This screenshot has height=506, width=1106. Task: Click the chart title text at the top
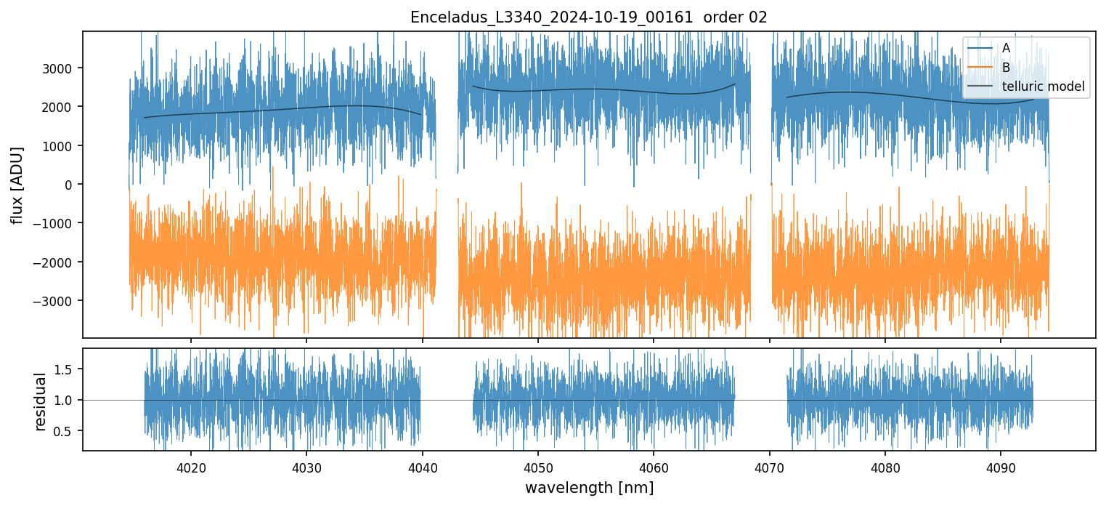(x=588, y=17)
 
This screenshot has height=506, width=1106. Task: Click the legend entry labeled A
(x=1006, y=48)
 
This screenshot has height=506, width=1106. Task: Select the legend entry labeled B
(x=1006, y=68)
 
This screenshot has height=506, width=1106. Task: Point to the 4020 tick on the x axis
(x=190, y=467)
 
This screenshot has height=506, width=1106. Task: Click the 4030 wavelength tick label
(x=306, y=467)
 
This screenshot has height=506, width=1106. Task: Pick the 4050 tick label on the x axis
(x=537, y=467)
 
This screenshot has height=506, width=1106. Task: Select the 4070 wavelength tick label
(x=769, y=467)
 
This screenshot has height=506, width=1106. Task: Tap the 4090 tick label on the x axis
(x=1001, y=467)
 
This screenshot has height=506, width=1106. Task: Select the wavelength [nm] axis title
(x=588, y=488)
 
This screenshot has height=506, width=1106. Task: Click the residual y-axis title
(x=41, y=401)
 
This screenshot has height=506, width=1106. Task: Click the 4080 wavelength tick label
(x=885, y=467)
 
